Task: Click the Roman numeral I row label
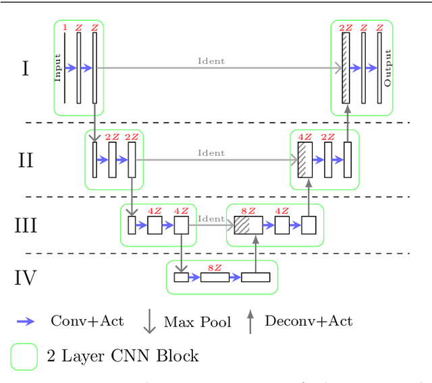point(26,68)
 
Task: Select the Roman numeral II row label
point(26,160)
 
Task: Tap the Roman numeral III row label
point(26,225)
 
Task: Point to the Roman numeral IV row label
point(26,277)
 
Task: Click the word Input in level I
point(58,68)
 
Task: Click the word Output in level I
point(387,68)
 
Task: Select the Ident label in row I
point(211,61)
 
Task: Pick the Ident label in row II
point(211,153)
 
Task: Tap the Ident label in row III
point(211,218)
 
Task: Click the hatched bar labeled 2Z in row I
point(346,68)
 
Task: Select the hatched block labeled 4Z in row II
point(305,160)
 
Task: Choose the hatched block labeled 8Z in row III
point(248,225)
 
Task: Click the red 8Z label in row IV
point(215,268)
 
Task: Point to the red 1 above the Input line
point(65,28)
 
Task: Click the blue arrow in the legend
point(26,322)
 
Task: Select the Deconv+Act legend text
point(308,321)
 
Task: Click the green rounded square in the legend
point(24,357)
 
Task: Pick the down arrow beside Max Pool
point(149,322)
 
